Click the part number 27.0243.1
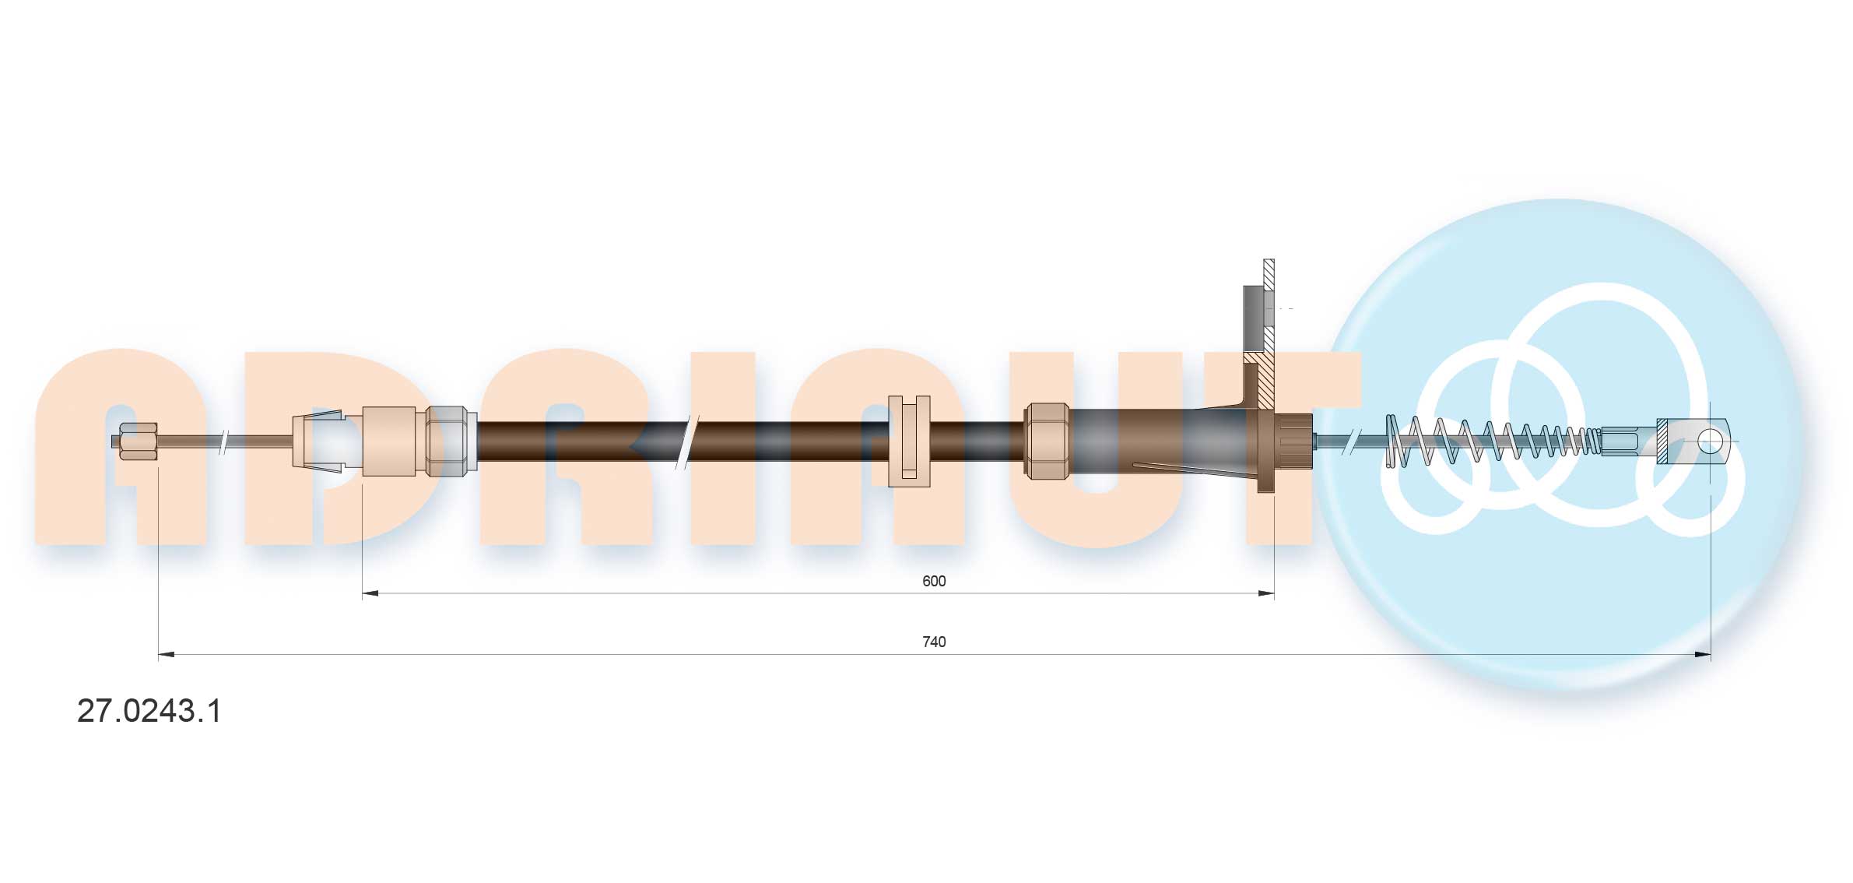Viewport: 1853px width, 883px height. point(149,711)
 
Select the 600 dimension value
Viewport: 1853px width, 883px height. point(933,581)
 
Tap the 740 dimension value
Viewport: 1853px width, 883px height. point(933,642)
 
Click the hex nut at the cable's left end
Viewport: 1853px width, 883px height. point(139,441)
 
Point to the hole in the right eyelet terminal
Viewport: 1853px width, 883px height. point(1709,441)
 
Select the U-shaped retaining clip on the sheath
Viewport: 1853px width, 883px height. point(909,441)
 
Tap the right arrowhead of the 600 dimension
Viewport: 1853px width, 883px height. point(1266,593)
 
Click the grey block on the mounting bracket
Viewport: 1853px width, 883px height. point(1253,318)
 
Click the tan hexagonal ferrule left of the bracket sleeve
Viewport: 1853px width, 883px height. point(1047,441)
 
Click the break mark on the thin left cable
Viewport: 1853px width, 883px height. point(224,441)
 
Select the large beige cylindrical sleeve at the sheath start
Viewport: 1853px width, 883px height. point(389,441)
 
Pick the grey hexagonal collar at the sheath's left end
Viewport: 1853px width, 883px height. point(451,441)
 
